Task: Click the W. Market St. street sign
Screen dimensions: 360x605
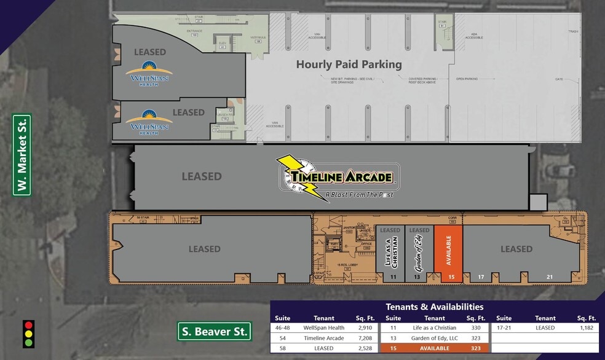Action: tap(22, 155)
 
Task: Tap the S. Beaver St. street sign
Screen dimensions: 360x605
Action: tap(215, 332)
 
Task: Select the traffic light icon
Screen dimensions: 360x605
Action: tap(28, 334)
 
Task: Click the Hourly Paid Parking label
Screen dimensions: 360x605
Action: tap(349, 64)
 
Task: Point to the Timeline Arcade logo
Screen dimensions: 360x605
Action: tap(337, 179)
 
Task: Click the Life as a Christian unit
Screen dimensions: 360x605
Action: tap(390, 252)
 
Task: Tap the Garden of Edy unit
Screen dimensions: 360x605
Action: tap(419, 252)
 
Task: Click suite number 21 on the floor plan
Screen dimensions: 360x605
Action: tap(549, 277)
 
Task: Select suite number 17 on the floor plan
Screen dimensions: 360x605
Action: tap(481, 277)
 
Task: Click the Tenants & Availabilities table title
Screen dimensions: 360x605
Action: tap(434, 307)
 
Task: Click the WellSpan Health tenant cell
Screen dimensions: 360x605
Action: tap(324, 328)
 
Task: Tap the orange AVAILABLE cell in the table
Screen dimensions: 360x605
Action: tap(434, 348)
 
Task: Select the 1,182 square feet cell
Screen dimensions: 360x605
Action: tap(586, 328)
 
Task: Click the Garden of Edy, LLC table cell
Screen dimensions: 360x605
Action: tap(434, 338)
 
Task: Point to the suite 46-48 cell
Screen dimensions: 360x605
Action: tap(283, 328)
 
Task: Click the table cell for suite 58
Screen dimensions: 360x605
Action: tap(283, 348)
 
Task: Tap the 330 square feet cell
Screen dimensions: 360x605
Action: tap(475, 328)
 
